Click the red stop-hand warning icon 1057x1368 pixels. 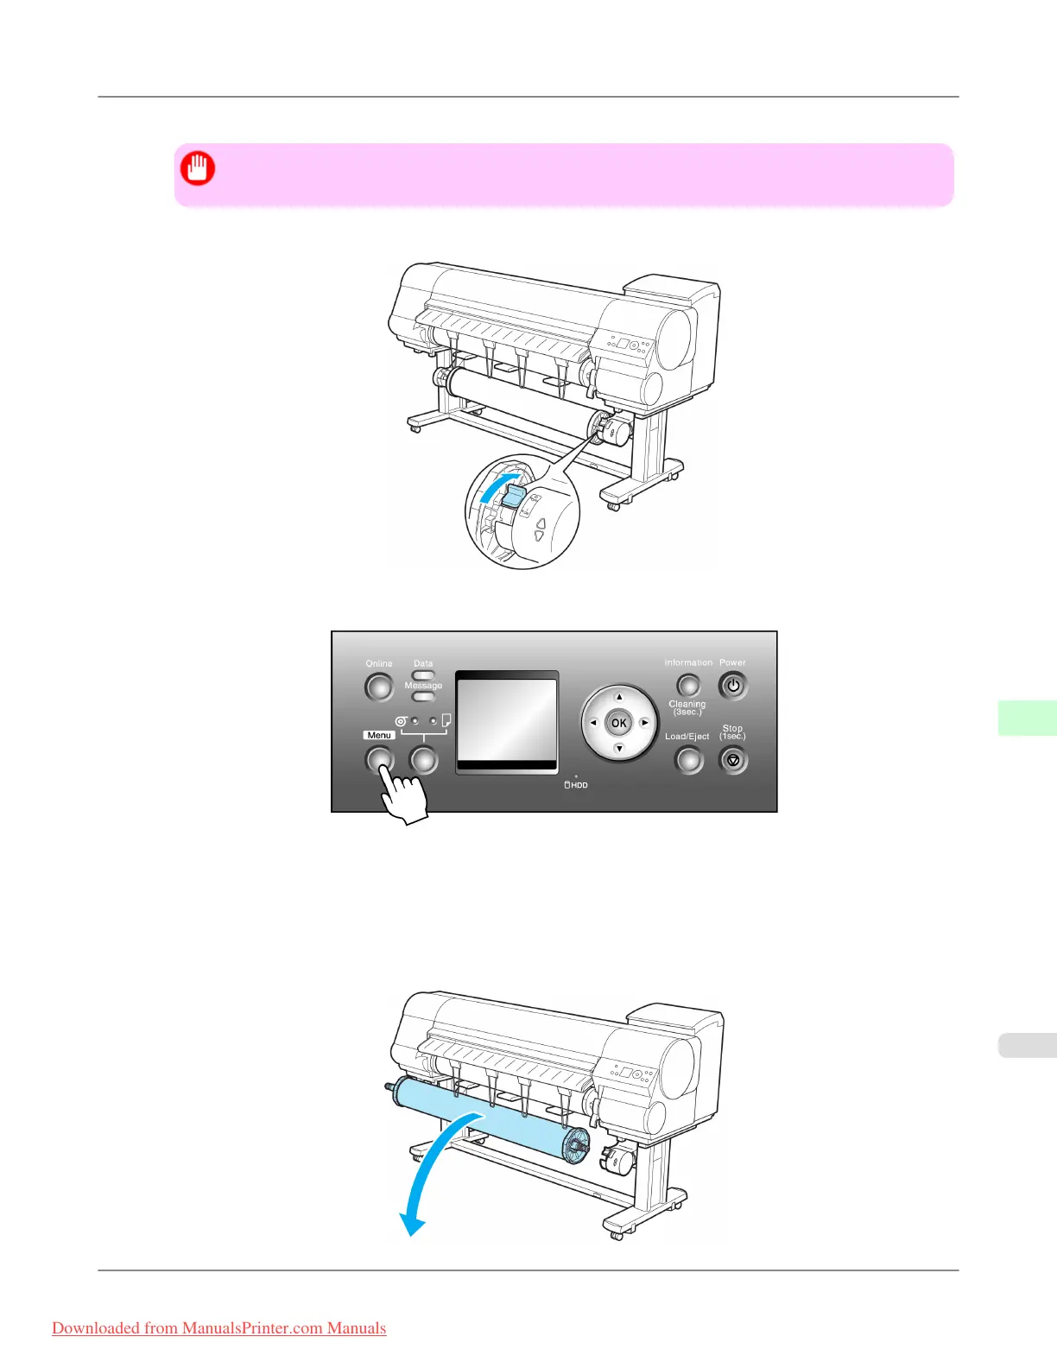point(198,168)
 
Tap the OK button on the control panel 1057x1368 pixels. point(619,723)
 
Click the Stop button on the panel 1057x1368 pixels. point(733,761)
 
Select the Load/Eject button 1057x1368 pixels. point(688,760)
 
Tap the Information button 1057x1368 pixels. point(688,686)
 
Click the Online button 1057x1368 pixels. point(378,687)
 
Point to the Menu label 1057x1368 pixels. point(379,735)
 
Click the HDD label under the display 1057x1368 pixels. point(576,785)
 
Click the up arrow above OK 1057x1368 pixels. point(619,697)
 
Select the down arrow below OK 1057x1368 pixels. point(619,749)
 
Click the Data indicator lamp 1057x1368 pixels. point(423,674)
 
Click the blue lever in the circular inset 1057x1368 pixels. point(513,495)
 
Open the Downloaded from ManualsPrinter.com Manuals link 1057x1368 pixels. point(219,1328)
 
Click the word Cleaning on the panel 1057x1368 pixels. point(687,704)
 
